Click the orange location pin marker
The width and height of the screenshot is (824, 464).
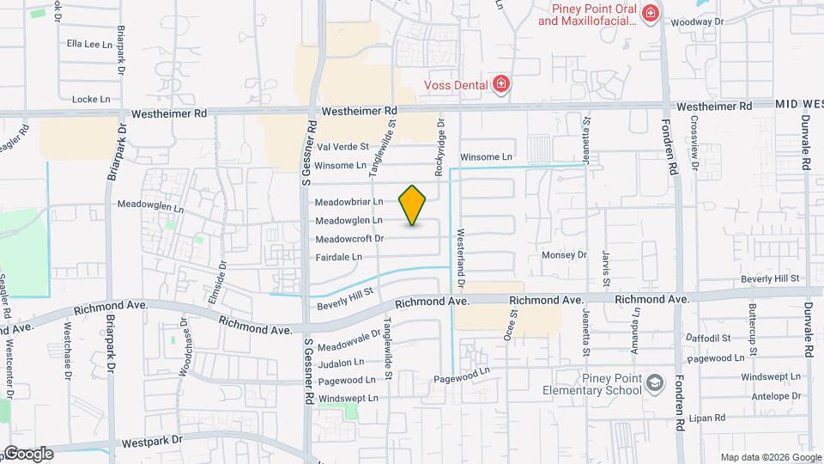(413, 205)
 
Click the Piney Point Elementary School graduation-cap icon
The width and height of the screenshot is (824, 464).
(655, 382)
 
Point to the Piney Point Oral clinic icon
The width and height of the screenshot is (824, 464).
(651, 13)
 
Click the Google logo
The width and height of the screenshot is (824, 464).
(27, 454)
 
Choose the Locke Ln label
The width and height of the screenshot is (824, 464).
(92, 99)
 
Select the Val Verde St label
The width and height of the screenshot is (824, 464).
(342, 147)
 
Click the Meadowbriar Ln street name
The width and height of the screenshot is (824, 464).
(348, 202)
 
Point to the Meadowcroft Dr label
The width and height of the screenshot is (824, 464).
(349, 238)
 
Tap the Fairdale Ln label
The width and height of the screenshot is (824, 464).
(339, 256)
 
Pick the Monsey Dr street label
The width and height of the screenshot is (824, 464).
(564, 255)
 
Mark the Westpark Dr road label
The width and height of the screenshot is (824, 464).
(153, 440)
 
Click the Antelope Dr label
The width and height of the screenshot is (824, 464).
(779, 396)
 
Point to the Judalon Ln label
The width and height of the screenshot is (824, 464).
(341, 362)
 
